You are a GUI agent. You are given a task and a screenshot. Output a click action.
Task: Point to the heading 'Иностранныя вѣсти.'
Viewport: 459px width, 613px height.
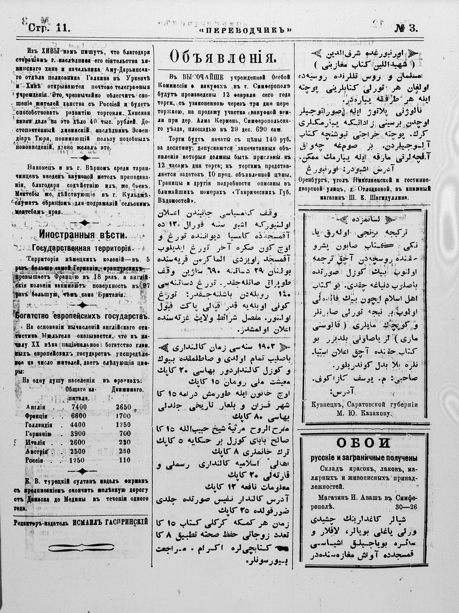point(83,235)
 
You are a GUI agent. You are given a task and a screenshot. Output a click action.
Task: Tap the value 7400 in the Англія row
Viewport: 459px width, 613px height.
point(79,407)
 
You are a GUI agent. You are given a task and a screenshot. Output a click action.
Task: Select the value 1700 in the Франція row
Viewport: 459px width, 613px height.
point(123,416)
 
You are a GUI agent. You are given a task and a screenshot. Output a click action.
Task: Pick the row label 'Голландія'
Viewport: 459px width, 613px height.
point(38,425)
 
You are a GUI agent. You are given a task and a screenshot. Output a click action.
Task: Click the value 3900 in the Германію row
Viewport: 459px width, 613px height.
point(79,434)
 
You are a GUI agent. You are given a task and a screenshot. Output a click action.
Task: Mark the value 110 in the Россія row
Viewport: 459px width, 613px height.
point(125,460)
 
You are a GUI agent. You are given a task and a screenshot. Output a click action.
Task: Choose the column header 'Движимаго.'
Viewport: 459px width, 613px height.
point(127,389)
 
